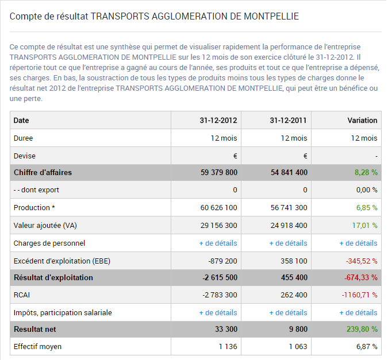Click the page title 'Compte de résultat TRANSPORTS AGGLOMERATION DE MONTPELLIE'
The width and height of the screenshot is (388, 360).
pyautogui.click(x=154, y=16)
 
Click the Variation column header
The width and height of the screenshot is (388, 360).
pyautogui.click(x=362, y=121)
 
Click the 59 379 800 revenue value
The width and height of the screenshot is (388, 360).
pyautogui.click(x=211, y=172)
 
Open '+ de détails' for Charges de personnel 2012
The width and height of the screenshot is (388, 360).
pyautogui.click(x=218, y=243)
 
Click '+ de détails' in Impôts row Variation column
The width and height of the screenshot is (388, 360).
pyautogui.click(x=358, y=313)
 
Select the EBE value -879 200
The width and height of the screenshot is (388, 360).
pyautogui.click(x=221, y=261)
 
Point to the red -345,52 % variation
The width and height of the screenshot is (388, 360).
pyautogui.click(x=361, y=261)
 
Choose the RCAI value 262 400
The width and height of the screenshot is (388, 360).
pyautogui.click(x=293, y=295)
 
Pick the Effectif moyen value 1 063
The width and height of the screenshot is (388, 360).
pyautogui.click(x=297, y=347)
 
